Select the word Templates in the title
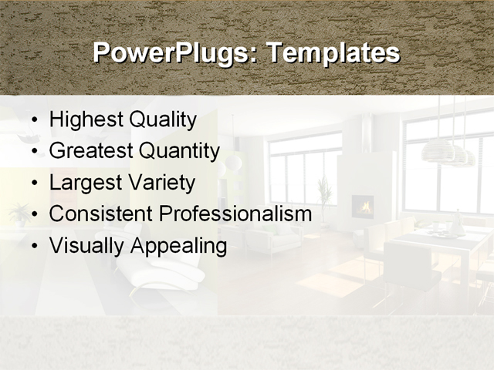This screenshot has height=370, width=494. click(333, 53)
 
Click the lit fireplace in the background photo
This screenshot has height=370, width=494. click(363, 206)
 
